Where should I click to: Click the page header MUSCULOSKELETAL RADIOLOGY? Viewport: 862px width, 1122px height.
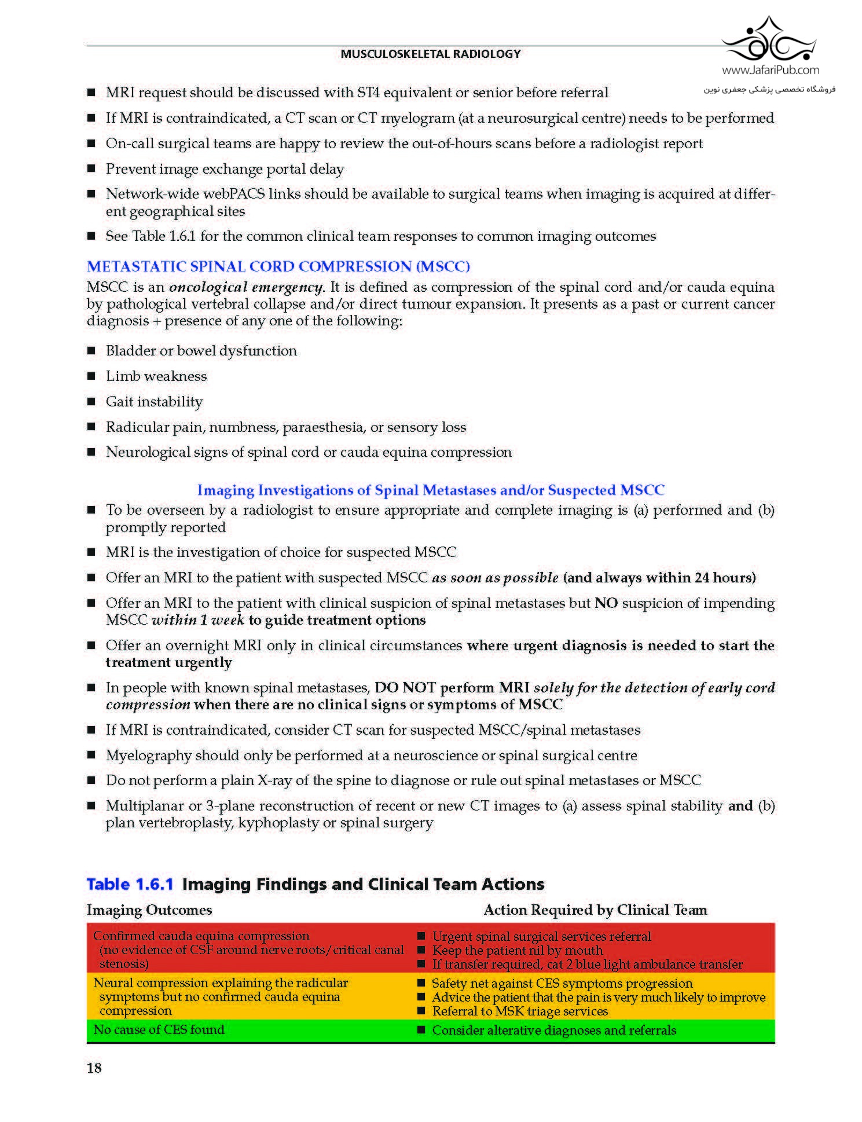point(430,54)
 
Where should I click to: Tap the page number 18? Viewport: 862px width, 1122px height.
point(94,1068)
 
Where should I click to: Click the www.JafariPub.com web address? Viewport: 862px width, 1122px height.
point(770,70)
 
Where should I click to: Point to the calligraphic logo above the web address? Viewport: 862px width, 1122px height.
point(769,40)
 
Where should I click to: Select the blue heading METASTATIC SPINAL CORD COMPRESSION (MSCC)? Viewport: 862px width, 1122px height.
point(278,266)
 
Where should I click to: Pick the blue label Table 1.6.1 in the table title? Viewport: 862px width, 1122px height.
point(130,884)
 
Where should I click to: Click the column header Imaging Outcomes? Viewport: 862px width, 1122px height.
point(149,910)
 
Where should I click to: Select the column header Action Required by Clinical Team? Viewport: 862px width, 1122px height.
point(595,910)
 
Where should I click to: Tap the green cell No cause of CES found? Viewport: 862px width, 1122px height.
point(159,1029)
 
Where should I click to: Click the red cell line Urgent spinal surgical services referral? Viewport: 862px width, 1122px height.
point(541,937)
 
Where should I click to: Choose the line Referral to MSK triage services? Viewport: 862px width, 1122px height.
point(520,1011)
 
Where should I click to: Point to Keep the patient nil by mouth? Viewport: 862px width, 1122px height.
point(518,951)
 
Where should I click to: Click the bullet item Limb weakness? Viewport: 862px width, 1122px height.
point(156,376)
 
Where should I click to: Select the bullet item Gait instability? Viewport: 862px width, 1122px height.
point(154,402)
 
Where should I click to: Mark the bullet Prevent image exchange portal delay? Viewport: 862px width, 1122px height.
point(225,169)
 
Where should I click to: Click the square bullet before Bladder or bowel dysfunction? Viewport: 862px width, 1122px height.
point(91,351)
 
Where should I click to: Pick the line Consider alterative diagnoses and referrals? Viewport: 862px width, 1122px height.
point(554,1030)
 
